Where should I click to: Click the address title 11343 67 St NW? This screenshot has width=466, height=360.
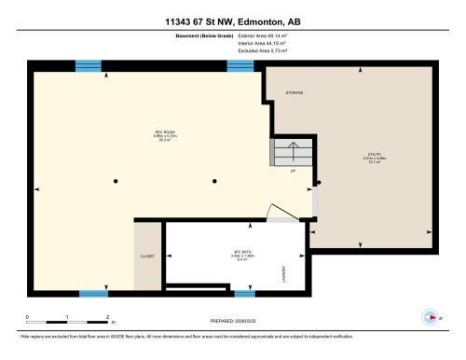233,21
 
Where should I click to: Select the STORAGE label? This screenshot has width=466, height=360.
295,93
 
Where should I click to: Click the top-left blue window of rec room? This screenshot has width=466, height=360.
88,65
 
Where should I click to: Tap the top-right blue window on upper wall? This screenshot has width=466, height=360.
240,65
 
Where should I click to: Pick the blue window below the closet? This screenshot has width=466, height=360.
93,294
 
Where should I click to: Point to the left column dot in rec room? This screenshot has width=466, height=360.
116,180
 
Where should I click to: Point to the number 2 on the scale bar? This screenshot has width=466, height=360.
108,317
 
